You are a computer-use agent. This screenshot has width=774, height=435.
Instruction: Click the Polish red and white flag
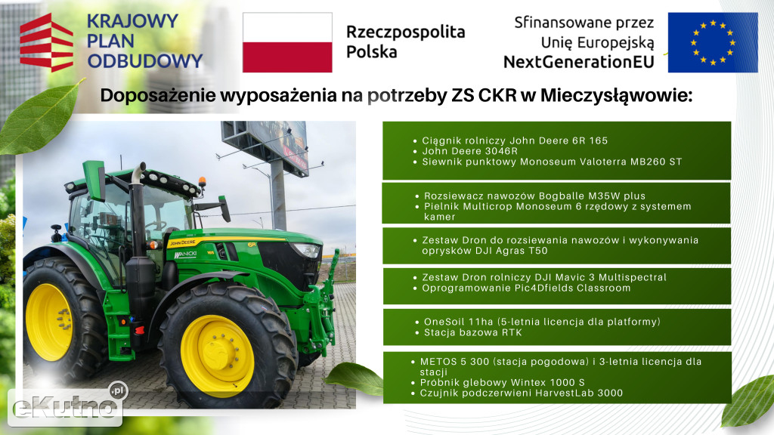(x=287, y=42)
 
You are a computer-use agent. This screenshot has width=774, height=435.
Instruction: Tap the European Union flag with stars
(x=713, y=42)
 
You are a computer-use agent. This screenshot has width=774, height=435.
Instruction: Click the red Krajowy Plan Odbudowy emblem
(x=46, y=42)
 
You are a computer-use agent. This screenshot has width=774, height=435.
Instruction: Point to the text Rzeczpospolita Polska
(x=405, y=42)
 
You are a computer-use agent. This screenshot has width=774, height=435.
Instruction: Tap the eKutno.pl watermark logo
(x=66, y=406)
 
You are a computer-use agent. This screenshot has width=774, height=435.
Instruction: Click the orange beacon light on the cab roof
(x=203, y=182)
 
